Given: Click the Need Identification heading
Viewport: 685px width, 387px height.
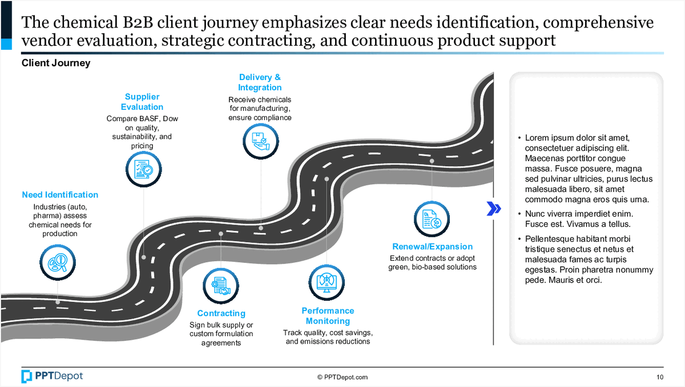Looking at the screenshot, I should [60, 195].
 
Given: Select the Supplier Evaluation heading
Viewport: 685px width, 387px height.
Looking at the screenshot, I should [142, 102].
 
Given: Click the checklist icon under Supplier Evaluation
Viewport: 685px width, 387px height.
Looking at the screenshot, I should [142, 169].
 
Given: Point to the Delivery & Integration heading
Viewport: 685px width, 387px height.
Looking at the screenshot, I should [260, 82].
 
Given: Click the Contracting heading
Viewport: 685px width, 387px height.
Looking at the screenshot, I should [221, 313].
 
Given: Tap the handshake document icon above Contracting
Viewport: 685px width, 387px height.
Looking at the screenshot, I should [221, 286].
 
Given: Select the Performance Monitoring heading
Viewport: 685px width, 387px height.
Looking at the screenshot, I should [328, 316].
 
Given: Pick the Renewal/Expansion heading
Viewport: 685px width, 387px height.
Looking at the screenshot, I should [432, 247].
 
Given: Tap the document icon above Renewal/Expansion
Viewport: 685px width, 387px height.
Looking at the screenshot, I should [432, 219].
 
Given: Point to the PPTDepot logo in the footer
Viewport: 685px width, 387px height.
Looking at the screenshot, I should [52, 376].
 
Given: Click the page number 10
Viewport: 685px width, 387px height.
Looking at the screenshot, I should [660, 377].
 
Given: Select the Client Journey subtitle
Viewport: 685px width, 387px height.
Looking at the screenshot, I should [56, 63].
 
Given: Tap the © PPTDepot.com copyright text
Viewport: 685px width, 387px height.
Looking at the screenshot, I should [342, 377].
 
